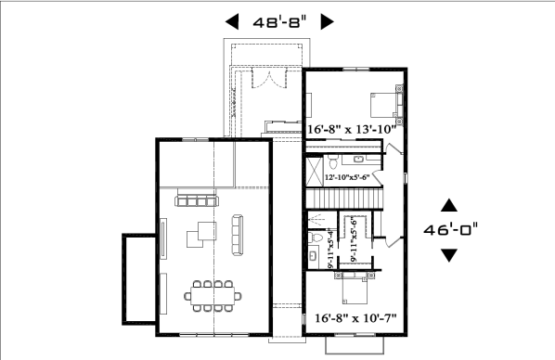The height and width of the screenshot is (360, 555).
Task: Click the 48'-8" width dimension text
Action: tap(279, 22)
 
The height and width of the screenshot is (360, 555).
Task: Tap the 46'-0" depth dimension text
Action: tap(450, 230)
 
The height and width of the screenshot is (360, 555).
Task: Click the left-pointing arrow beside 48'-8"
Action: tap(232, 21)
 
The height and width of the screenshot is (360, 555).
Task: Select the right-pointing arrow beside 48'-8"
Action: tap(327, 21)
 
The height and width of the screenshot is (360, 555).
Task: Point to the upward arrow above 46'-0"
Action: tap(449, 205)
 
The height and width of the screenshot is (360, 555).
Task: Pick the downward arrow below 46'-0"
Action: tap(449, 255)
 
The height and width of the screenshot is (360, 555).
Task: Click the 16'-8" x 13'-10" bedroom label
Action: tap(351, 130)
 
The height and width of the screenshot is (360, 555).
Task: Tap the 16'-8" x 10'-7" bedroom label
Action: tap(355, 318)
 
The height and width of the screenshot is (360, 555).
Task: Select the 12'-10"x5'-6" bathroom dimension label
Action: tap(347, 177)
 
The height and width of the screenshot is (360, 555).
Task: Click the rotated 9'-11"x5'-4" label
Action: tap(331, 249)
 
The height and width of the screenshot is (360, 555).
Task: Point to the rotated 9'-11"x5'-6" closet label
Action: tap(354, 239)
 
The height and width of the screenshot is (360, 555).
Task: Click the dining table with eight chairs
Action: tap(213, 296)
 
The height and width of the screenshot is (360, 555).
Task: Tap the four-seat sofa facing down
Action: tap(197, 200)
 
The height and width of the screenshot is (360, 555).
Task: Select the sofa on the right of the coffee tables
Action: tap(238, 235)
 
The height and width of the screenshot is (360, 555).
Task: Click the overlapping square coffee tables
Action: tap(201, 235)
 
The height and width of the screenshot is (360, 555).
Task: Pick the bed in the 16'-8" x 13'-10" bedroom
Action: tap(386, 105)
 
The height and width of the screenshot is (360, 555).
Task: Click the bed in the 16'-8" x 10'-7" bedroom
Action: tap(355, 289)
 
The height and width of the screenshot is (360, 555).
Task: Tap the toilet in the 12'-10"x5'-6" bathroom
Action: tap(332, 161)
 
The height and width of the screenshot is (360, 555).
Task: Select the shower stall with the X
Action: tap(315, 172)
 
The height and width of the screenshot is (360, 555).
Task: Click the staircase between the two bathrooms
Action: tap(344, 199)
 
